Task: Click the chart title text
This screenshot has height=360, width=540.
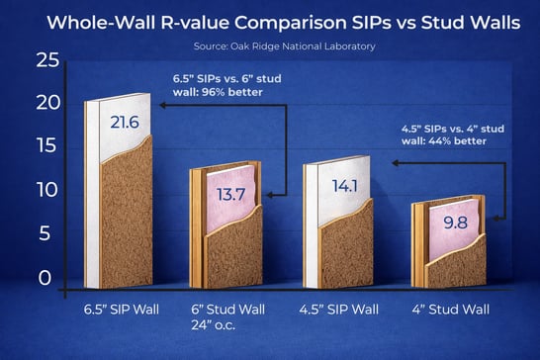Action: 270,22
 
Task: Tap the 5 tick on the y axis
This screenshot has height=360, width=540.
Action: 43,232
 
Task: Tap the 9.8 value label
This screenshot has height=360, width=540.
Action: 456,224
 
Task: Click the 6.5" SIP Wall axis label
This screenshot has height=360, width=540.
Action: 119,310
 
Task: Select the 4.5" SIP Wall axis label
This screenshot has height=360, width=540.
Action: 337,310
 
